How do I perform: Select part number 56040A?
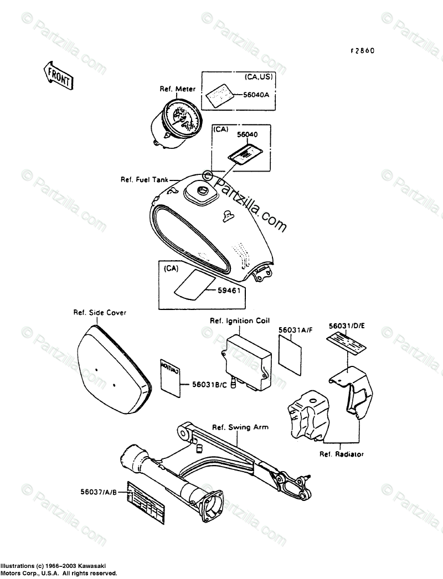(x=256, y=95)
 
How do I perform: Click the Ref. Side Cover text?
(x=100, y=313)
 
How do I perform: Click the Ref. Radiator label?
(x=341, y=454)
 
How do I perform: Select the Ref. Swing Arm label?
(x=241, y=427)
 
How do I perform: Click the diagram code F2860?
(x=362, y=50)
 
